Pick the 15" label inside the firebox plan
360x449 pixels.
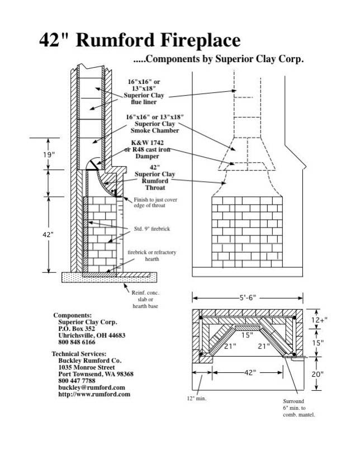(x=248, y=335)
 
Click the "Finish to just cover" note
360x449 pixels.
(x=154, y=200)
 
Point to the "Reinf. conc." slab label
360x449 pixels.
(x=146, y=292)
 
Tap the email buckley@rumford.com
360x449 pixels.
(x=91, y=387)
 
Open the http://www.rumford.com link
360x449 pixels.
(x=94, y=394)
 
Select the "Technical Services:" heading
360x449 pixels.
(x=79, y=354)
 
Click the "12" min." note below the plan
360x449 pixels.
(x=197, y=399)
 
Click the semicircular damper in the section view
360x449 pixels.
(x=93, y=162)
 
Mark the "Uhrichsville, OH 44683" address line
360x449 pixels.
(x=92, y=335)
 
